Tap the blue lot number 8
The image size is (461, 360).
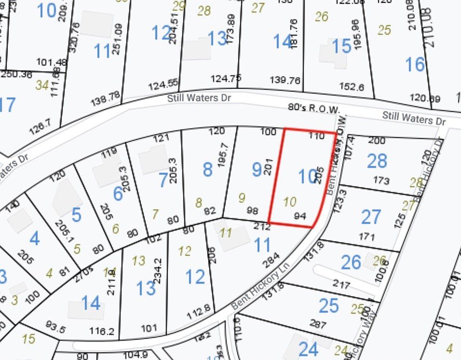[207, 169]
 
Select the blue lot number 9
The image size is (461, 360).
[257, 169]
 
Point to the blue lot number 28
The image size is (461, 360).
[377, 161]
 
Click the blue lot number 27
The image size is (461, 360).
[371, 217]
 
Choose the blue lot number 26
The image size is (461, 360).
[351, 262]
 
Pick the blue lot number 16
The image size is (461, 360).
[415, 64]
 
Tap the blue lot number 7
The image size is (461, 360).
[163, 180]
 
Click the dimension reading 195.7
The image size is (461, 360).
[223, 154]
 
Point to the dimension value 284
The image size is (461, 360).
[272, 263]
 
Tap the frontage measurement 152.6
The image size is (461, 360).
[352, 87]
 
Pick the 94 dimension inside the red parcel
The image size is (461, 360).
[300, 216]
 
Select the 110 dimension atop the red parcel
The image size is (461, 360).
[316, 136]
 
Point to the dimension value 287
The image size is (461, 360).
[318, 324]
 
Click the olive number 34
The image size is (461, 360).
[42, 85]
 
